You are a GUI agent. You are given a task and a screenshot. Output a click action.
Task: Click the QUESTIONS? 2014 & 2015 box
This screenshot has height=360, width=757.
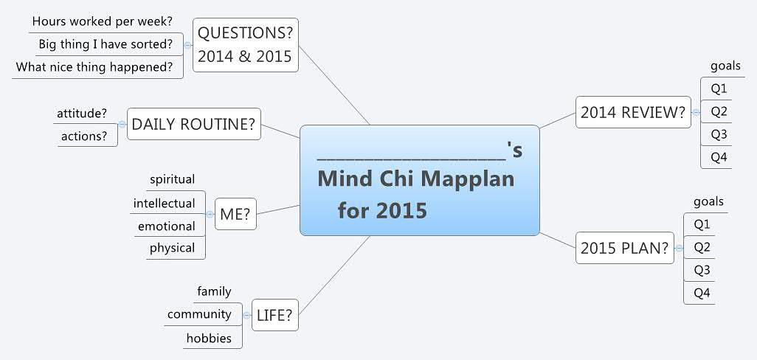pos(246,45)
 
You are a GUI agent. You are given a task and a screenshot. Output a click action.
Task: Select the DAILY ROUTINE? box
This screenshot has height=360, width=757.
pos(193,124)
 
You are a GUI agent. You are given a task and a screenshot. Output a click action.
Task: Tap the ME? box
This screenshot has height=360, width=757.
pos(235,214)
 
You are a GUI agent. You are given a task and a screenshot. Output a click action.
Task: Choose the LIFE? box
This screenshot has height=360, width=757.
pos(275,315)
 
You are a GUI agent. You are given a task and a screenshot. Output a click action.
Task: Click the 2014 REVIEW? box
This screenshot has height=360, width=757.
pos(633,112)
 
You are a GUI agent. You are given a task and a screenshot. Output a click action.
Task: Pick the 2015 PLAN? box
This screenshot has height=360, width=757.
pos(625,248)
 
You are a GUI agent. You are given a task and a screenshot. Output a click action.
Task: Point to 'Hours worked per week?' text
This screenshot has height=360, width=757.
pos(103,21)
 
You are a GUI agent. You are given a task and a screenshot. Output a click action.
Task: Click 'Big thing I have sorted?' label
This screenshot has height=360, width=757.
pos(106,44)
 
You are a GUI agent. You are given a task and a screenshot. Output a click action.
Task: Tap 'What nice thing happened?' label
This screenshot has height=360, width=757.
pos(94,66)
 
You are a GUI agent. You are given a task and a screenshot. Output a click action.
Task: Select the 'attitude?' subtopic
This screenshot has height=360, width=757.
pos(82,114)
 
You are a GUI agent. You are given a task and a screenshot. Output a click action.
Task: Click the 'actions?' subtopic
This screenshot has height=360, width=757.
pos(83,136)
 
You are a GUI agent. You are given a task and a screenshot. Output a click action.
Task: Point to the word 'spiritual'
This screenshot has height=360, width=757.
pos(173,179)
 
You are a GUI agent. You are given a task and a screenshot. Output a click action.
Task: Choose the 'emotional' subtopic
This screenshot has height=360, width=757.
pos(167,226)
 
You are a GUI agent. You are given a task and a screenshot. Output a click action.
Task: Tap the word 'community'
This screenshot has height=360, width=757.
pos(199,315)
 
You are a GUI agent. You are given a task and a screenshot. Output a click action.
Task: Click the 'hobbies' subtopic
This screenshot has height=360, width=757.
pos(209,338)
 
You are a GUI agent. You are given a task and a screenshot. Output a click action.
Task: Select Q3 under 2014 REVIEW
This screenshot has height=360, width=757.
pos(719,134)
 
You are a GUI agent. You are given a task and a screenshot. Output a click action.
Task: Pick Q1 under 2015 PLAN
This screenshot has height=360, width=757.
pos(702,224)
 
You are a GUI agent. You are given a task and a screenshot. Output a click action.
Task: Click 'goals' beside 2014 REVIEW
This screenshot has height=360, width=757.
pos(725,66)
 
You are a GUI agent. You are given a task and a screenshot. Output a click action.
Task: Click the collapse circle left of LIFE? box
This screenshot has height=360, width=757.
pos(246,315)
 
